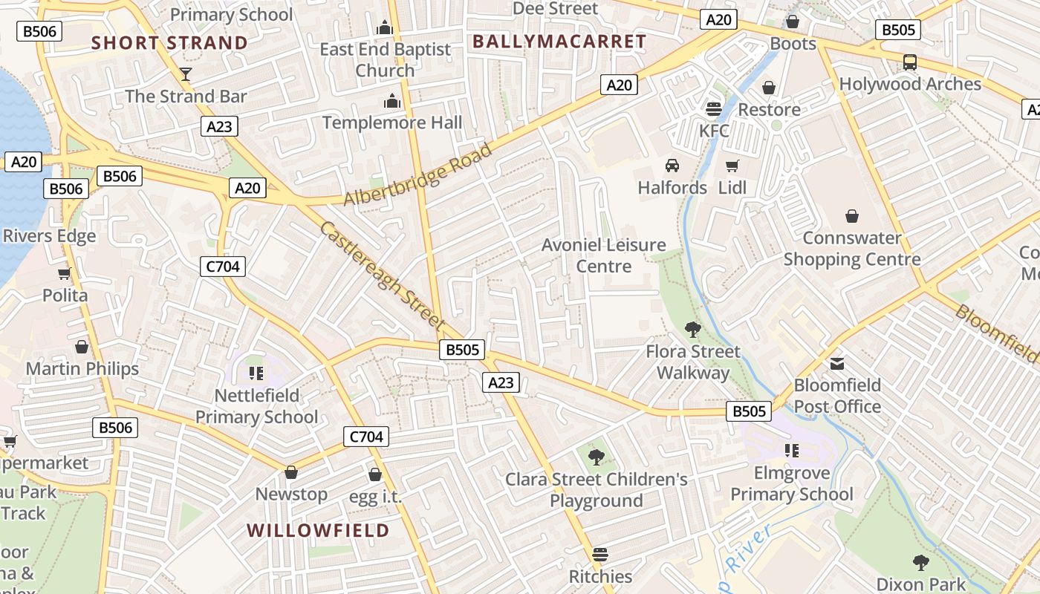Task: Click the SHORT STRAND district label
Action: (x=169, y=43)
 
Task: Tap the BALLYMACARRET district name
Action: (x=559, y=42)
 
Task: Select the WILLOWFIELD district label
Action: (x=318, y=530)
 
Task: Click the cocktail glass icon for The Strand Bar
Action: (x=185, y=74)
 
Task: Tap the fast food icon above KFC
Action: (x=714, y=109)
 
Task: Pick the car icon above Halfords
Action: (x=672, y=166)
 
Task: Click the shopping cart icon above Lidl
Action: (x=732, y=166)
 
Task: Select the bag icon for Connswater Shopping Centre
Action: (x=852, y=216)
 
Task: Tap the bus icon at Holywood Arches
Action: (x=910, y=62)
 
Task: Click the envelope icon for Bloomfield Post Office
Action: (x=837, y=364)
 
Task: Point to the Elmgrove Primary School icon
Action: (x=792, y=451)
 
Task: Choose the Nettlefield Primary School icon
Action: (x=256, y=373)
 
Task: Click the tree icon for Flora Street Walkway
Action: (x=693, y=329)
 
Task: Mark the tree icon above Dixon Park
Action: (x=921, y=562)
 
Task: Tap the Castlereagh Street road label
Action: (x=381, y=275)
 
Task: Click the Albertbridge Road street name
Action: (x=417, y=175)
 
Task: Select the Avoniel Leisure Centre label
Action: (x=603, y=255)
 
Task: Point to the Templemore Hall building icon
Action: (x=391, y=102)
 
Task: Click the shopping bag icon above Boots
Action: (x=793, y=22)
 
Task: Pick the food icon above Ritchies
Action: (x=600, y=555)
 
